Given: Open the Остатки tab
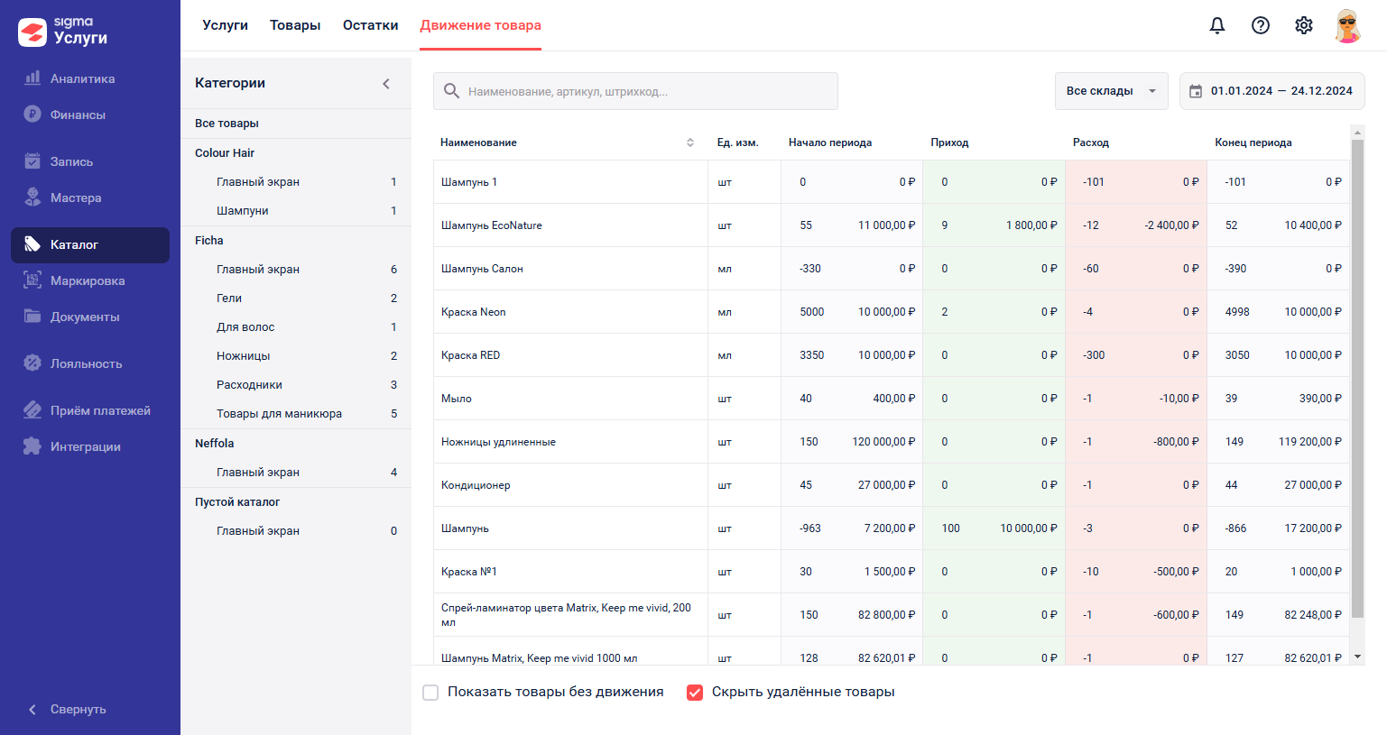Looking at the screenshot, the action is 370,25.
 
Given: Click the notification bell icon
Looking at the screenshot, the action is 1216,25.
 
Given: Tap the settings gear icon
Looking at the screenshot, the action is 1303,25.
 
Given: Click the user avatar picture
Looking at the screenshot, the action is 1346,26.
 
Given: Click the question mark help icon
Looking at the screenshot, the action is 1260,25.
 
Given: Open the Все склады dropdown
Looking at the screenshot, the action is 1112,91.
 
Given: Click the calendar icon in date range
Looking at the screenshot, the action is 1196,92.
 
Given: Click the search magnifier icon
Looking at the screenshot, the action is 451,92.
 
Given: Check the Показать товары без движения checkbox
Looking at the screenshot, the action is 430,693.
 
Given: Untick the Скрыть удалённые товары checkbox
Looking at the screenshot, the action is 695,693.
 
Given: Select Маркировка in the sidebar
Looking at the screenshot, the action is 88,280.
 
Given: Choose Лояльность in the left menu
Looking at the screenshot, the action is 86,363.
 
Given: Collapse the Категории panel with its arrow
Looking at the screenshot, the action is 385,84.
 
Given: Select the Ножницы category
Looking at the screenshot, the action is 243,355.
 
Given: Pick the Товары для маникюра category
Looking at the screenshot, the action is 279,414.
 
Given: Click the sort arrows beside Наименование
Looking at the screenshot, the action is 689,142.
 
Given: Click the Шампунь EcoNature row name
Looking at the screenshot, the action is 491,225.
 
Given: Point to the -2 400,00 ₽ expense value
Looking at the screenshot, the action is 1171,225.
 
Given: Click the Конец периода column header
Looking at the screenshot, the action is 1253,142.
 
